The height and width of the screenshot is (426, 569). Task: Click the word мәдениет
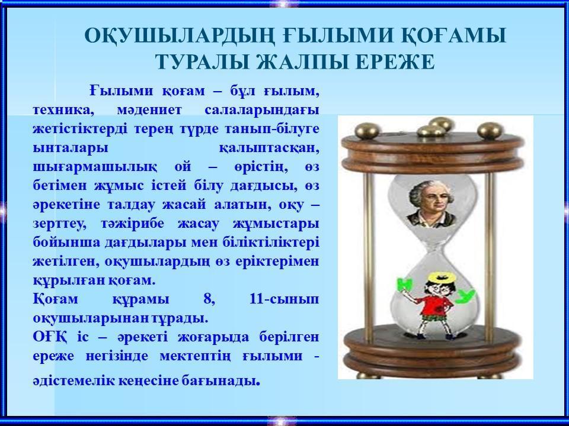[x=149, y=110]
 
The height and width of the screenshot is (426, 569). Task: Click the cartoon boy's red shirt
[x=434, y=304]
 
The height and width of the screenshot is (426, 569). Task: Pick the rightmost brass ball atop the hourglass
[x=490, y=130]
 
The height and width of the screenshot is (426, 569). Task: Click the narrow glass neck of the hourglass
[x=434, y=247]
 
